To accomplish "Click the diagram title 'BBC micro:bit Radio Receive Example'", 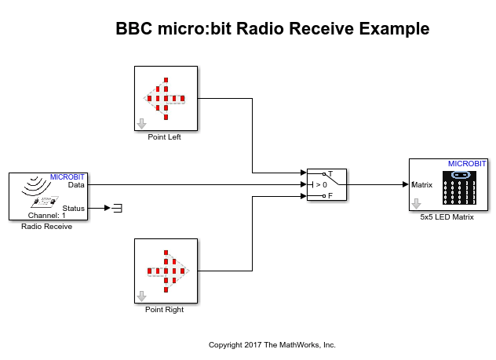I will [272, 29].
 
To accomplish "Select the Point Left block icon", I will [165, 98].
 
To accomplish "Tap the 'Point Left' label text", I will [164, 136].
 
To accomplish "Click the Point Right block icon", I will [165, 271].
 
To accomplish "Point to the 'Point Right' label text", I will [165, 309].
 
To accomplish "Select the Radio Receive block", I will [47, 195].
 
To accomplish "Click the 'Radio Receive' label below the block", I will [47, 227].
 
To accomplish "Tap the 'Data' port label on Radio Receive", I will [76, 185].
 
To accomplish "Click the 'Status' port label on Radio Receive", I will [73, 208].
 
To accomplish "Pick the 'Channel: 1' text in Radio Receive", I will [47, 215].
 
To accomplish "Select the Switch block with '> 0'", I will [326, 185].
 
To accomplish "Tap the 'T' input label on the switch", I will [330, 174].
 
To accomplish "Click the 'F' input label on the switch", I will [330, 196].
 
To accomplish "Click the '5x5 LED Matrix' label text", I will [447, 217].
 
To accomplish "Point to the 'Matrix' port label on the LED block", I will [422, 185].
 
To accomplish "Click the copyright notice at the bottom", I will [272, 344].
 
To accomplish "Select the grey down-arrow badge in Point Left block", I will [142, 123].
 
